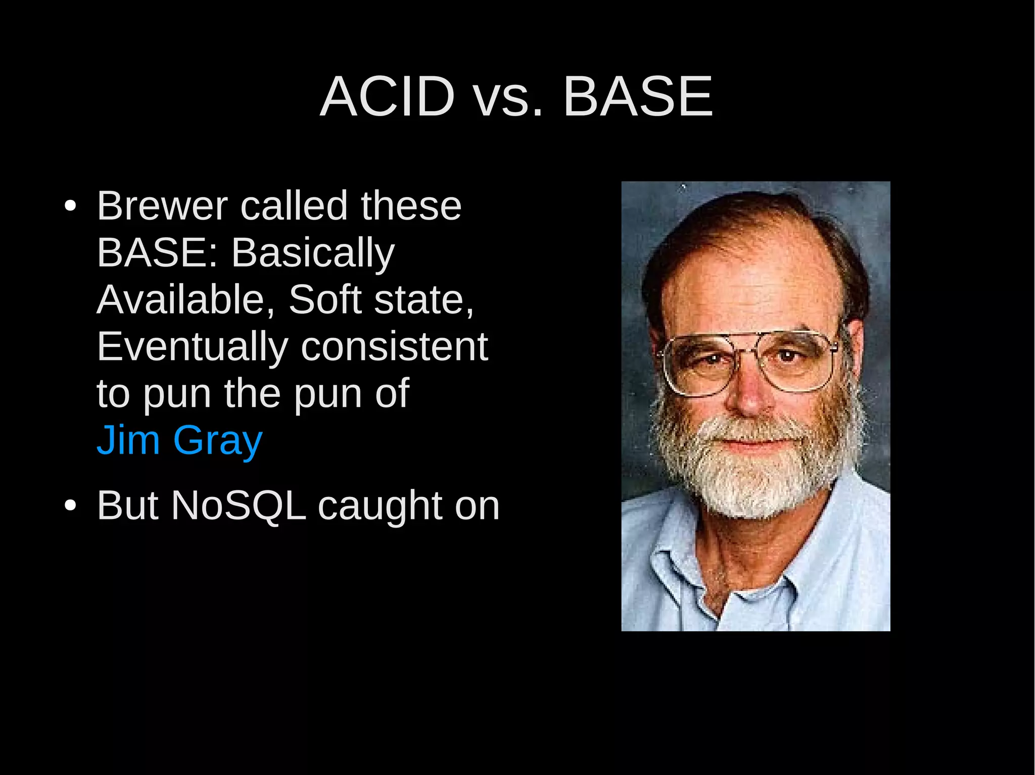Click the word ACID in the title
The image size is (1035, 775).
[388, 96]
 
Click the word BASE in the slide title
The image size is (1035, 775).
[638, 96]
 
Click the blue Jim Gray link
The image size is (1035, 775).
[179, 440]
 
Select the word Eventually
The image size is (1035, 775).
[192, 347]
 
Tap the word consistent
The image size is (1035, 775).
[394, 347]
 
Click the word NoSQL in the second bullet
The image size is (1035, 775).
[239, 505]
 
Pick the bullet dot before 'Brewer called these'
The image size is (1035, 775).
[70, 206]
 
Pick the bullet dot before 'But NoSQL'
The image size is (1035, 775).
[70, 505]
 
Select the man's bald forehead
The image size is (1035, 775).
[748, 273]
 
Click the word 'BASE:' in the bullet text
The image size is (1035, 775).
[157, 252]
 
